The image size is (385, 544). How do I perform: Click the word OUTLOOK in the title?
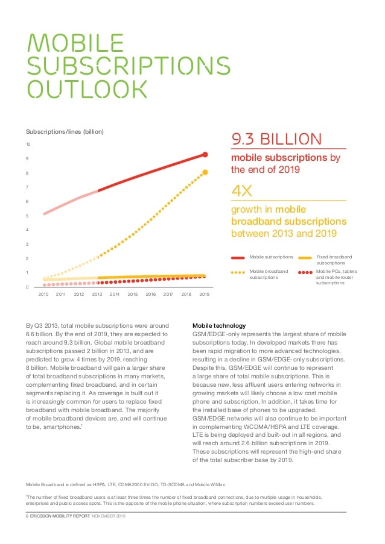(x=88, y=89)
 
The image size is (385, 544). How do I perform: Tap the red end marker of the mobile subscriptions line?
(x=205, y=155)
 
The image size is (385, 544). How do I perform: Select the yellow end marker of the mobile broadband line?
(x=205, y=172)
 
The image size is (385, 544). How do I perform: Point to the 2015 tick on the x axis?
(x=133, y=294)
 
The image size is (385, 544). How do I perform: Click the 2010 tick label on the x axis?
(x=43, y=294)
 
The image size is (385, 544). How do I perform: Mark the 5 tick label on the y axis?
(x=27, y=216)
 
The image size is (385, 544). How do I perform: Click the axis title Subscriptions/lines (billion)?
(x=65, y=131)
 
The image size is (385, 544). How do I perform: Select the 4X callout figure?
(x=241, y=191)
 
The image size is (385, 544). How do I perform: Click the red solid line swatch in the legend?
(x=238, y=257)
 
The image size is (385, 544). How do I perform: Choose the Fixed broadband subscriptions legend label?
(x=333, y=260)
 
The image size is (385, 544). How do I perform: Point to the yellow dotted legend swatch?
(x=238, y=272)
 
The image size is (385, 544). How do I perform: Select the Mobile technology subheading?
(x=218, y=325)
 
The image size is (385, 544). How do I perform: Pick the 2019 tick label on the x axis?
(x=205, y=294)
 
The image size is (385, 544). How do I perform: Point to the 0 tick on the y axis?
(x=27, y=287)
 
